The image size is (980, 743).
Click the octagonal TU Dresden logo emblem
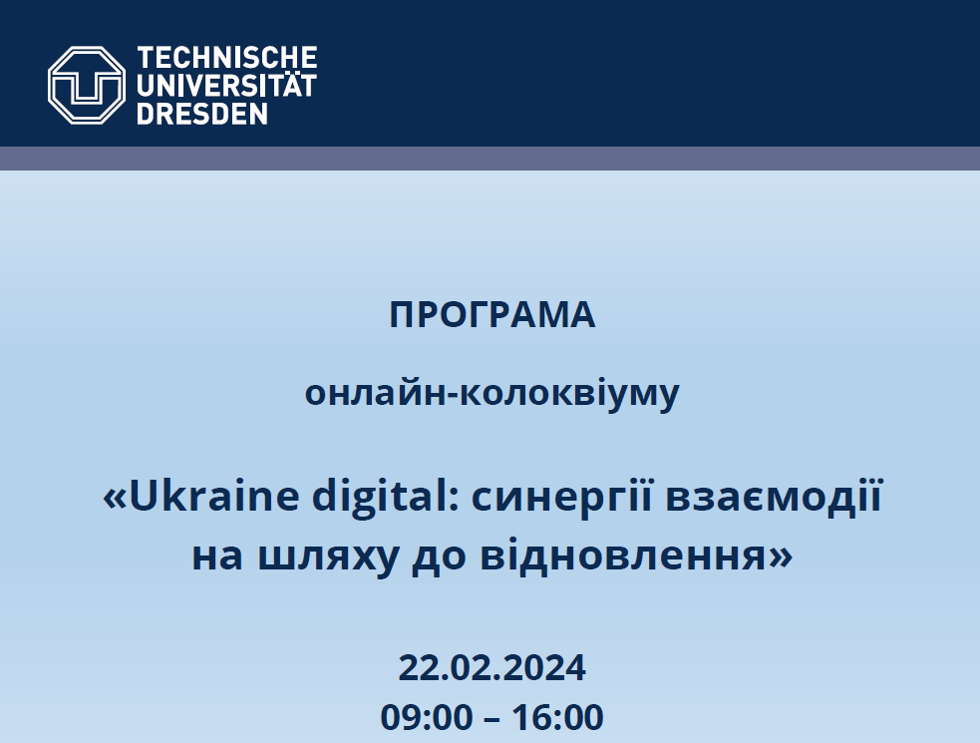pyautogui.click(x=87, y=85)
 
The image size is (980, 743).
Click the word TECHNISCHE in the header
pyautogui.click(x=227, y=58)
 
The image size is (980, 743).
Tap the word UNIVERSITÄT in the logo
pyautogui.click(x=227, y=85)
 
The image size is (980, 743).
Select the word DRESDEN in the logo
pyautogui.click(x=201, y=114)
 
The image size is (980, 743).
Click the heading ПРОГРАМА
pyautogui.click(x=491, y=314)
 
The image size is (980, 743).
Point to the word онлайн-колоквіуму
pyautogui.click(x=491, y=394)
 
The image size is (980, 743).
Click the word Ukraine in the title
pyautogui.click(x=213, y=496)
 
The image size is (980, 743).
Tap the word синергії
pyautogui.click(x=562, y=498)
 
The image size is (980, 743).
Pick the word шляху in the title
pyautogui.click(x=328, y=557)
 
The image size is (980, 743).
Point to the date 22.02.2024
pyautogui.click(x=491, y=667)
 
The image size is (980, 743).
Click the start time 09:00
pyautogui.click(x=427, y=717)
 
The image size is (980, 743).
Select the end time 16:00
pyautogui.click(x=557, y=717)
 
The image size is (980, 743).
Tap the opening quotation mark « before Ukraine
pyautogui.click(x=115, y=499)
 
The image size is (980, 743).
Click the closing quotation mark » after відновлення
pyautogui.click(x=781, y=557)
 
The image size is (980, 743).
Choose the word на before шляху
pyautogui.click(x=217, y=557)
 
